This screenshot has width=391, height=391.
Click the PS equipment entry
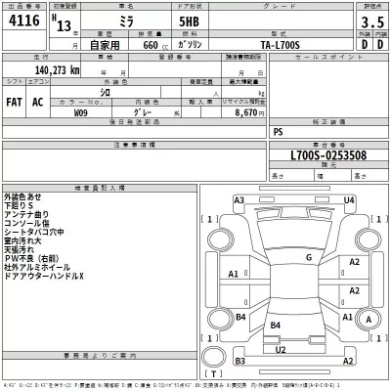279,129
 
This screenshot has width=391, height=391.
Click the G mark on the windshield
308,257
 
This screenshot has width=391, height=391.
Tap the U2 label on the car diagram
281,348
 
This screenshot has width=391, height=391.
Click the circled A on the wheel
368,318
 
